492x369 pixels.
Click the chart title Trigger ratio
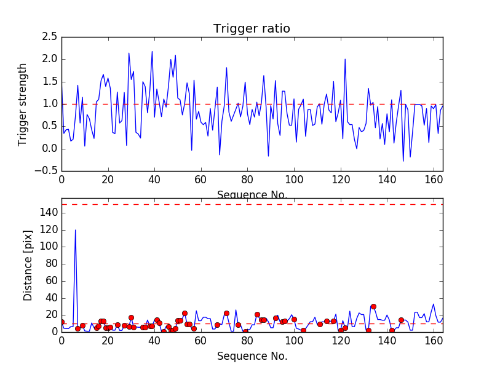coord(252,29)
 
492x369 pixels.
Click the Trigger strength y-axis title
coord(23,104)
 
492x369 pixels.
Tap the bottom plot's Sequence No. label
coord(252,356)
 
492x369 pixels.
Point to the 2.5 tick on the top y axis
coord(49,37)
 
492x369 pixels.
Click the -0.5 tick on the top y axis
coord(47,171)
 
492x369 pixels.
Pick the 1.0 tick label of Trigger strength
coord(49,104)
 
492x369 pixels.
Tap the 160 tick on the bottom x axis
coord(434,340)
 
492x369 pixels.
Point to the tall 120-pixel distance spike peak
coord(76,230)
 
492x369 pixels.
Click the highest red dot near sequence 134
coord(373,306)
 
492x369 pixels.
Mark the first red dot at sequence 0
coord(61,322)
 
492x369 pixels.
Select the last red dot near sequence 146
coord(401,320)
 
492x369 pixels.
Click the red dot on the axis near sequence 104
coord(303,330)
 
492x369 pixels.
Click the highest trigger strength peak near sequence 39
coord(152,52)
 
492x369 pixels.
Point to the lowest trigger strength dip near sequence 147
coord(403,161)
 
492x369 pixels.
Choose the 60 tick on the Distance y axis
coord(49,280)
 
